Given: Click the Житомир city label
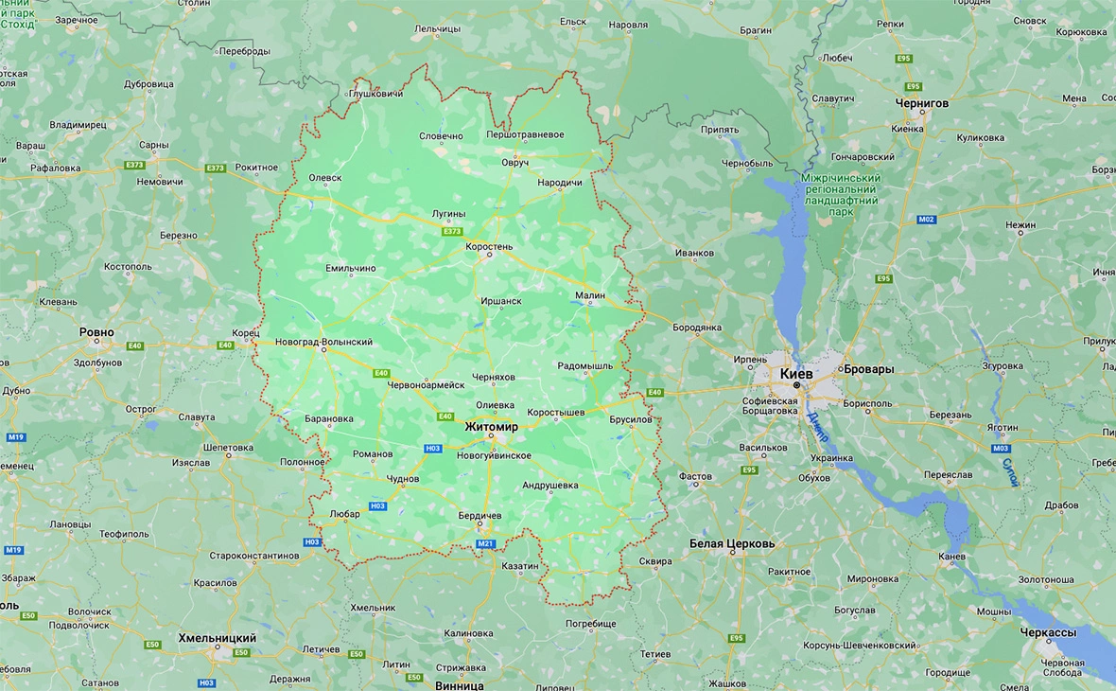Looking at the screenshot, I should click(x=491, y=427).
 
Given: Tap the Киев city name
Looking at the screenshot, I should click(x=795, y=374).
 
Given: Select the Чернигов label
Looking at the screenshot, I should click(x=922, y=102).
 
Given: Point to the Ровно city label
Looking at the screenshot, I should click(x=96, y=332).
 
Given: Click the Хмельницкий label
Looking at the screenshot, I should click(x=218, y=639).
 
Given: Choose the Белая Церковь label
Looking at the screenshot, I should click(x=732, y=544).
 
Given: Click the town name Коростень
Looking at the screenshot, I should click(x=489, y=247).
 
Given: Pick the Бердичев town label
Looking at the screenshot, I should click(x=479, y=516).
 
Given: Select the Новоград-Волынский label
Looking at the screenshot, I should click(x=323, y=342).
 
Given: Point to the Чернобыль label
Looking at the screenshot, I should click(x=747, y=163).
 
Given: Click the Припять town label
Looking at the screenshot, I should click(x=721, y=131).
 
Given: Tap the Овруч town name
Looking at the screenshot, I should click(x=515, y=163).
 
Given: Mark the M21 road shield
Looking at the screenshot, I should click(x=486, y=543).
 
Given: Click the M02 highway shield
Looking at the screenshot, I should click(x=926, y=220).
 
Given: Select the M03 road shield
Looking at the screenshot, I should click(x=1001, y=449).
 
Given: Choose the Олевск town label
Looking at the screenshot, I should click(x=325, y=177).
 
